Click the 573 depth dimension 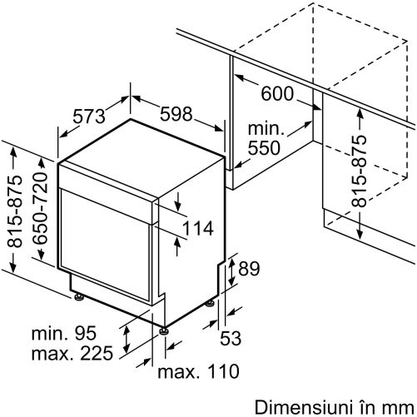point(89,117)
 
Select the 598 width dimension point(176,114)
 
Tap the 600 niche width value point(277,93)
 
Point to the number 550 point(264,147)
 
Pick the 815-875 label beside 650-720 point(14,211)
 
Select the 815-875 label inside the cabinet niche point(359,171)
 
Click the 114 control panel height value point(198,229)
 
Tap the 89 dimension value point(249,268)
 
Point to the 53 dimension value point(231,338)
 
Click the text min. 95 point(64,333)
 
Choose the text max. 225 point(72,353)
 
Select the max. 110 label point(198,371)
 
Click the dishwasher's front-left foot point(78,296)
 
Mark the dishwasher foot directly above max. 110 point(163,331)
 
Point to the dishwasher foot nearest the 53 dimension point(210,303)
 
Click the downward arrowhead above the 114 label point(178,206)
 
